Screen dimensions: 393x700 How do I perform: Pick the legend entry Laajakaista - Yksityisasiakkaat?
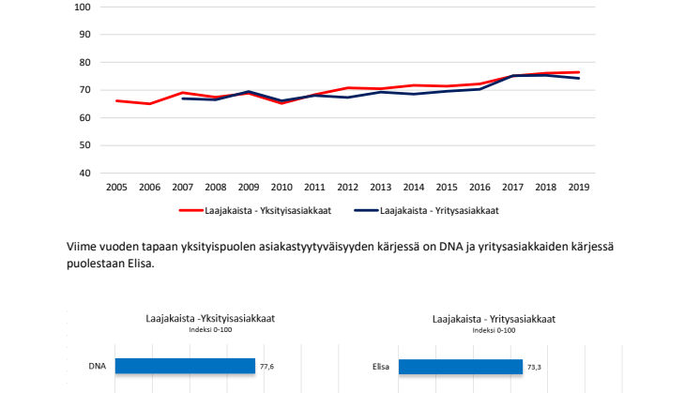pos(263,211)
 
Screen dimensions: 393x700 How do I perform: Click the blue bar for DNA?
pos(185,366)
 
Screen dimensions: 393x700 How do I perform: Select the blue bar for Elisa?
pos(460,366)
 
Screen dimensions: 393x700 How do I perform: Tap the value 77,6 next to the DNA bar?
pos(267,367)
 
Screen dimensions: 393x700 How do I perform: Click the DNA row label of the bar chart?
pos(97,366)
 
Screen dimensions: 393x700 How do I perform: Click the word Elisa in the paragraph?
pos(134,264)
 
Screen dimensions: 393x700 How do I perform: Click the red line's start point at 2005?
pos(116,100)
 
